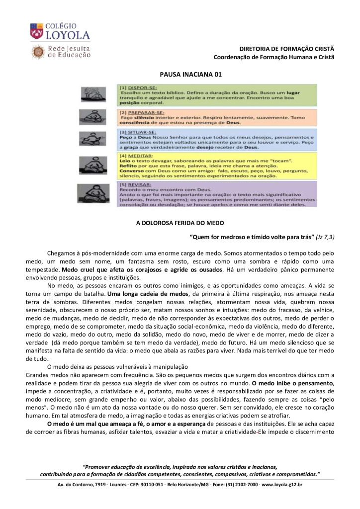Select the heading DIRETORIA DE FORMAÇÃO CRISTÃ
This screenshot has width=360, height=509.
coord(286,49)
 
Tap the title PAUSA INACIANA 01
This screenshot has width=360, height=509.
coord(190,74)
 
